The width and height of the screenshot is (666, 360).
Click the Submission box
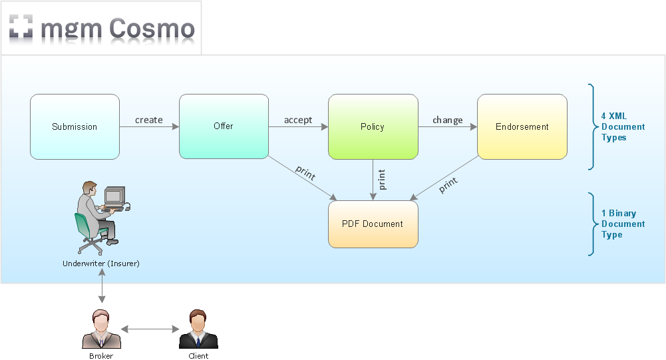(x=75, y=126)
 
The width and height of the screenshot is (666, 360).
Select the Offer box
(x=224, y=126)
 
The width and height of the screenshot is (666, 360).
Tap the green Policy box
(x=373, y=126)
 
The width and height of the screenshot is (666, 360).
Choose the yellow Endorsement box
(x=522, y=126)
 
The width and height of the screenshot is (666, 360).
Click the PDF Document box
(x=373, y=224)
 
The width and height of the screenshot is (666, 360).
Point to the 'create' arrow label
(x=149, y=120)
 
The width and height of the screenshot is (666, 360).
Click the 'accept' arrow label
(x=298, y=120)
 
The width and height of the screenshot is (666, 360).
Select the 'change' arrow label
(x=448, y=120)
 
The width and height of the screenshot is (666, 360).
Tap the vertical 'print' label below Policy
(x=382, y=180)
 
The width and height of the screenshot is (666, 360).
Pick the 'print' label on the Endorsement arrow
(x=448, y=184)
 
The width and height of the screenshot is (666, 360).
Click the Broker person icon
(x=101, y=329)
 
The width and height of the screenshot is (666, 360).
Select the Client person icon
(x=198, y=329)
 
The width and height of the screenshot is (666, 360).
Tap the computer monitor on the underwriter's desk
(x=114, y=195)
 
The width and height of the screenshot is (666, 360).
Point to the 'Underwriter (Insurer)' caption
(x=101, y=264)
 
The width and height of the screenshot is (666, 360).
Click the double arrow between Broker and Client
(x=150, y=329)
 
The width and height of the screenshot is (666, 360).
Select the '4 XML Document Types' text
(x=623, y=126)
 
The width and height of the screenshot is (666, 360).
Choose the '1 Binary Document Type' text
(x=623, y=224)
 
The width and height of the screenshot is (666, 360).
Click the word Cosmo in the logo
(x=152, y=29)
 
